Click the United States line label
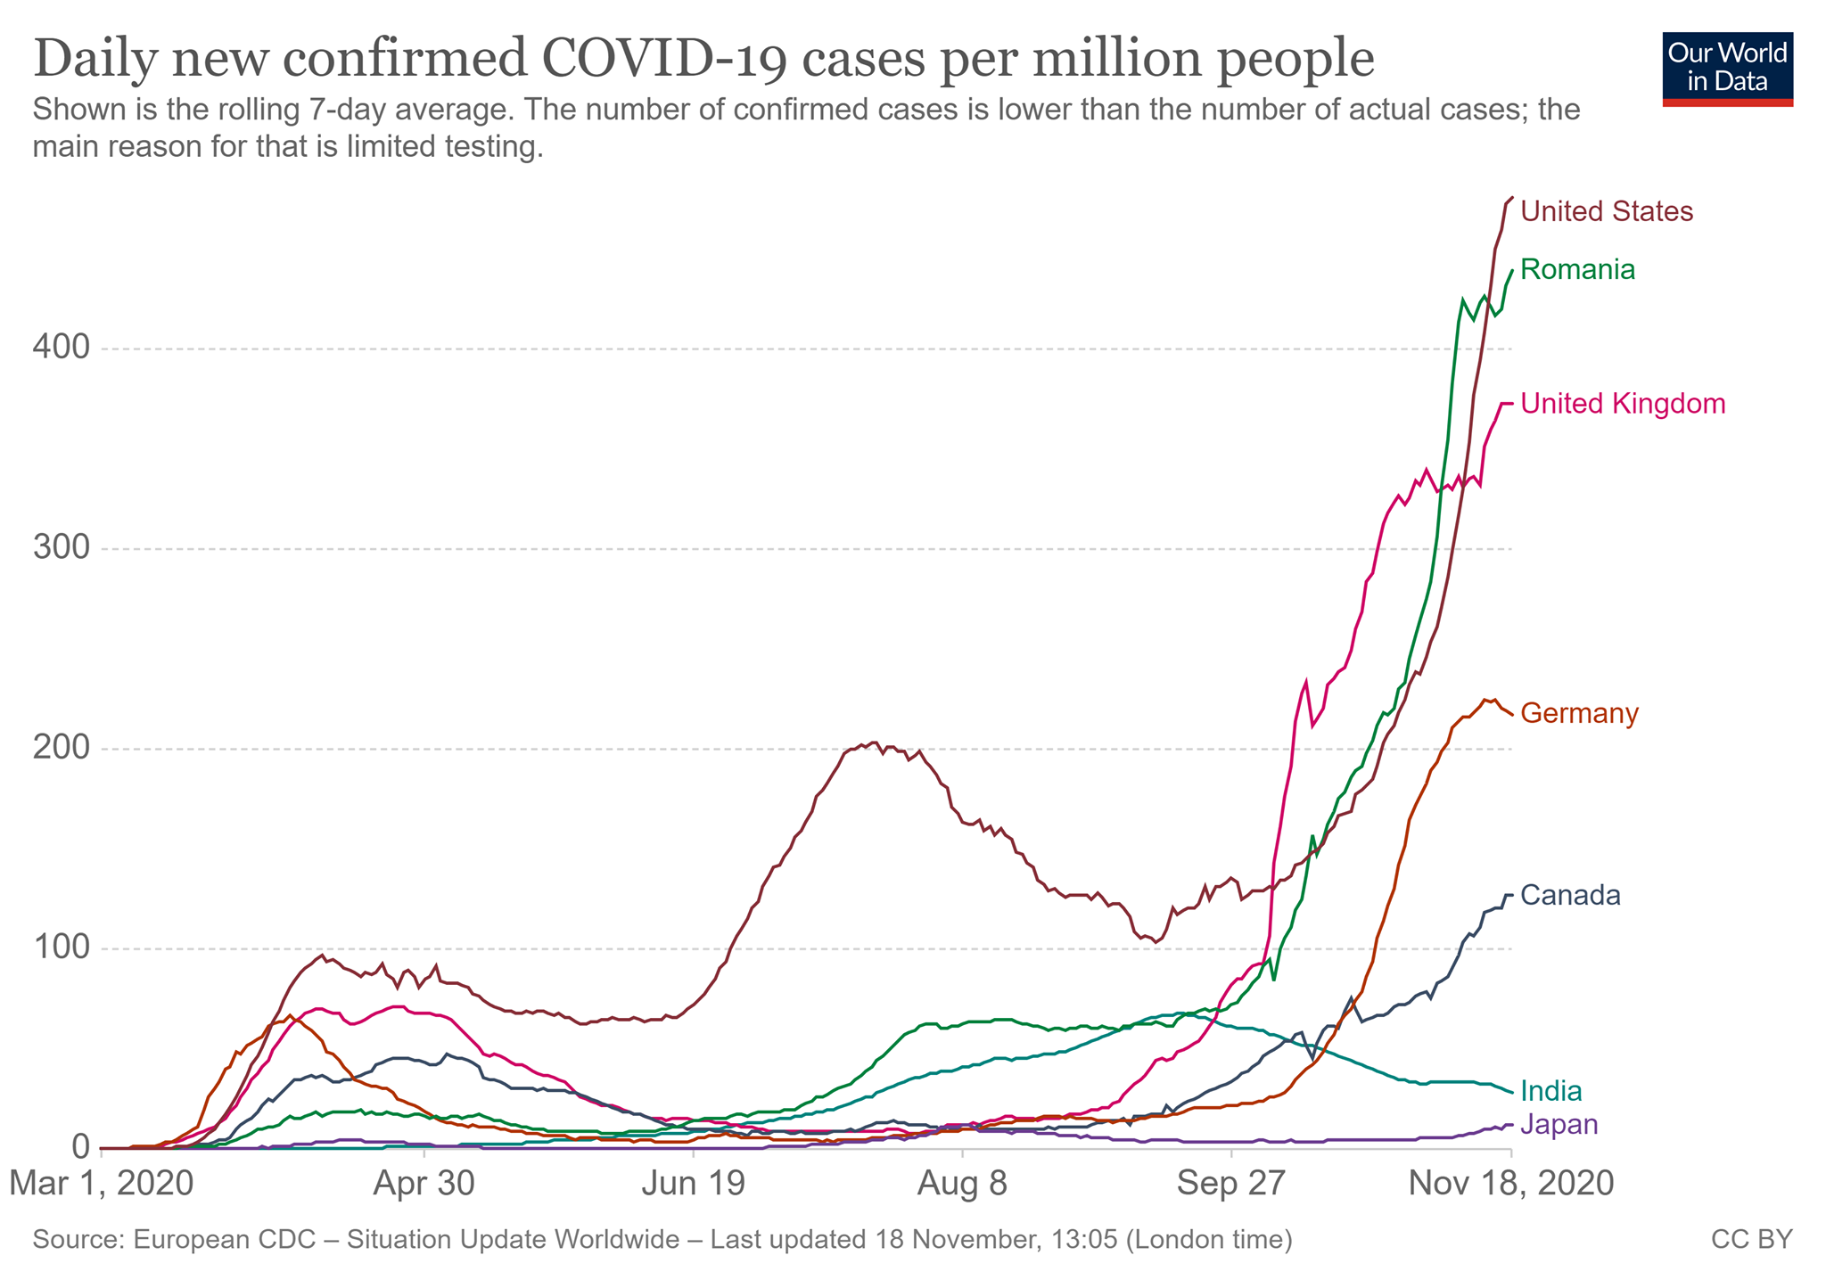tap(1606, 212)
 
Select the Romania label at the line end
tap(1577, 270)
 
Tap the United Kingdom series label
tap(1623, 405)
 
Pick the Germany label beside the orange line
tap(1579, 714)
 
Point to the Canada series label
tap(1570, 896)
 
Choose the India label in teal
tap(1550, 1091)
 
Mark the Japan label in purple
tap(1559, 1125)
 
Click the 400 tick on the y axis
tap(62, 349)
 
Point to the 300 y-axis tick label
tap(62, 548)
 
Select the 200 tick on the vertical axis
tap(62, 749)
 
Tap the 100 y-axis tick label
tap(62, 948)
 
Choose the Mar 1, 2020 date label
tap(102, 1185)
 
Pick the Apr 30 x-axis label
tap(424, 1185)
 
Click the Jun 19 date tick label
tap(694, 1185)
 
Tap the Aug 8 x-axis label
tap(964, 1185)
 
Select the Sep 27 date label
tap(1231, 1185)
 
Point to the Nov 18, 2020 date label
tap(1510, 1185)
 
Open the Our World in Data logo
tap(1727, 70)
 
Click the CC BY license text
tap(1751, 1240)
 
